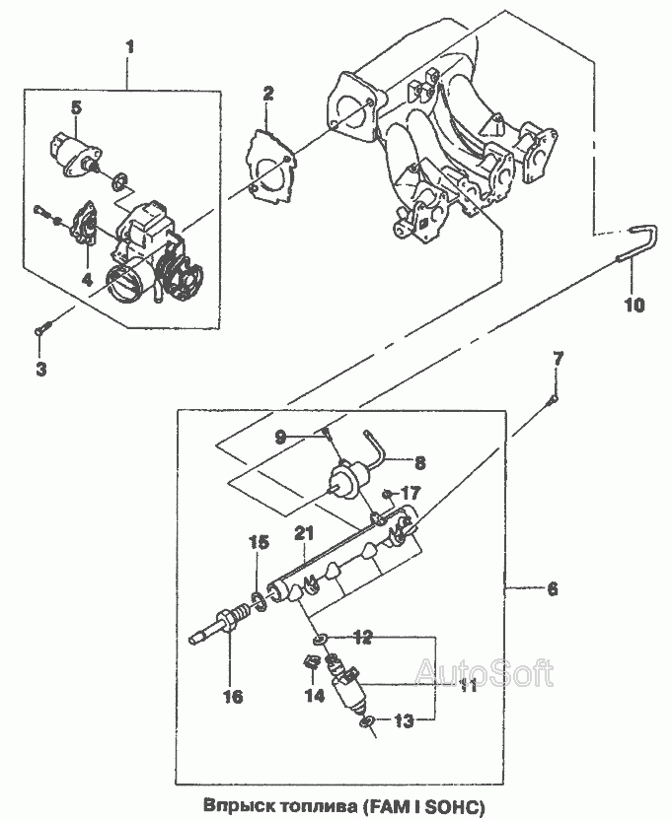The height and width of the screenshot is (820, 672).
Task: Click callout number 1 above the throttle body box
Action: point(129,47)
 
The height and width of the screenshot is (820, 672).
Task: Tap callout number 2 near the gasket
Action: point(267,94)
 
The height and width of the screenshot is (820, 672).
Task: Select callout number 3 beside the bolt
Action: point(40,369)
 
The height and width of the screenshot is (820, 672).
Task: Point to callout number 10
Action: point(635,305)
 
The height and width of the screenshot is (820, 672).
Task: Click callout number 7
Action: point(559,359)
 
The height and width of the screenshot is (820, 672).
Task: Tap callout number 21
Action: point(304,534)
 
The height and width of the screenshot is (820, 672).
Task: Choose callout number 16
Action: point(233,696)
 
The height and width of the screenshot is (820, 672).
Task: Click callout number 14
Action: point(314,696)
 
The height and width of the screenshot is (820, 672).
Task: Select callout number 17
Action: point(411,493)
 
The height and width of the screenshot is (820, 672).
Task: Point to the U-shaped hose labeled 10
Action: point(640,244)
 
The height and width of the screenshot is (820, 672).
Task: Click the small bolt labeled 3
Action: point(43,328)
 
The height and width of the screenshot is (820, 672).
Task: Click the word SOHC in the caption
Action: point(455,805)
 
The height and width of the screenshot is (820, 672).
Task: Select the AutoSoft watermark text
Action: point(485,672)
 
